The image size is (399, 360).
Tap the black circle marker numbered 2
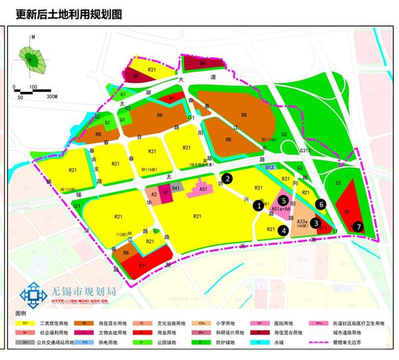[227, 178]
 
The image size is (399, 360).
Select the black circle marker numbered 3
[317, 224]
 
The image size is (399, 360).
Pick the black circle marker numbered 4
[284, 231]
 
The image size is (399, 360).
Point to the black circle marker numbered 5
[283, 200]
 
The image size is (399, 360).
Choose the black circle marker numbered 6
[321, 205]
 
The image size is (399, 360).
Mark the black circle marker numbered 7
[358, 226]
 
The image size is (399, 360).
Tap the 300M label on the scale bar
[52, 97]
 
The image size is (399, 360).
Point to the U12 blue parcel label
[270, 168]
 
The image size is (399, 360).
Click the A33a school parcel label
[301, 220]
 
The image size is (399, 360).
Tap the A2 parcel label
[154, 194]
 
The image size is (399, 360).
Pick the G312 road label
[305, 151]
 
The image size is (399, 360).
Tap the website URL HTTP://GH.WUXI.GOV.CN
[80, 301]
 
